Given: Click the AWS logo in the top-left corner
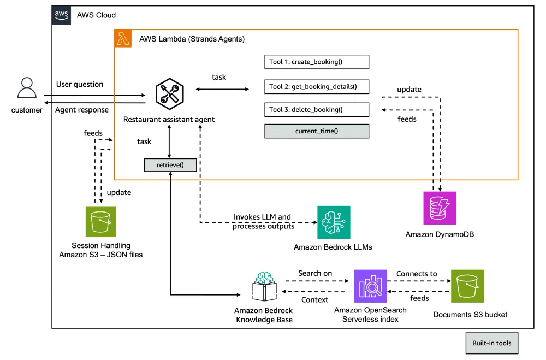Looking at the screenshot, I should tap(61, 15).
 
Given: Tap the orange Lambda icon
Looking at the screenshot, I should tap(123, 39).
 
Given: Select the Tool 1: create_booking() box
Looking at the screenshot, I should tap(317, 62).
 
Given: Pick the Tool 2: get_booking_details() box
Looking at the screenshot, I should tap(317, 86).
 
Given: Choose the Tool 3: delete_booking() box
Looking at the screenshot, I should tap(317, 109).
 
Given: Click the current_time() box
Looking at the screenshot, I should tap(317, 131).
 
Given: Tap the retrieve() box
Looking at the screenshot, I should tap(170, 164).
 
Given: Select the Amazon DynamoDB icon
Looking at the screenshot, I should tap(440, 208).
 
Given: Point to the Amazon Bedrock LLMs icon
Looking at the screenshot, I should tap(334, 222).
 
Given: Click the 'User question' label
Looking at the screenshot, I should tap(80, 84).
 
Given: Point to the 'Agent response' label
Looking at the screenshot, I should tap(82, 110).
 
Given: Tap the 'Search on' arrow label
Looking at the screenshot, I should tap(315, 273).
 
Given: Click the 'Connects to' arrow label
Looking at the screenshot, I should tap(417, 274).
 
